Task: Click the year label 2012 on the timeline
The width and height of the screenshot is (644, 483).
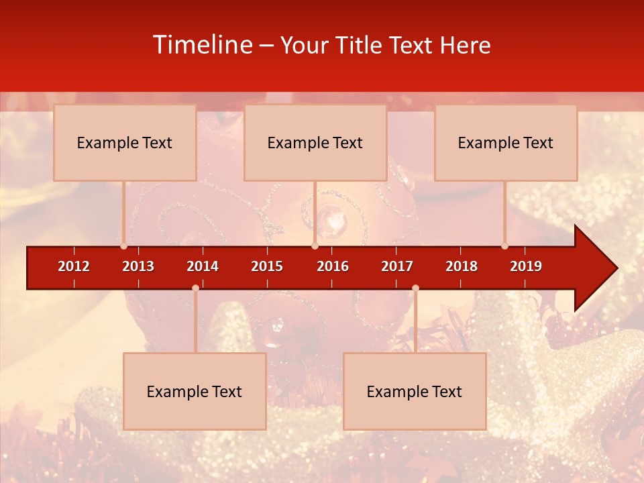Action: pos(74,266)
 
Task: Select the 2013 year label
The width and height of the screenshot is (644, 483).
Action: pos(138,266)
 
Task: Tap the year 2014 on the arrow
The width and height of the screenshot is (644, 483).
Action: pos(203,266)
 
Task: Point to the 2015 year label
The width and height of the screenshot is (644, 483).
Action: pos(267,266)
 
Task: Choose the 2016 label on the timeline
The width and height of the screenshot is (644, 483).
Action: pos(333,266)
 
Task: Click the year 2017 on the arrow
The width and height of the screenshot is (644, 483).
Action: pos(397,266)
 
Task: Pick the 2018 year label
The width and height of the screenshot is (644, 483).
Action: pos(462,266)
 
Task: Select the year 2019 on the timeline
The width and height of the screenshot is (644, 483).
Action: pos(526,266)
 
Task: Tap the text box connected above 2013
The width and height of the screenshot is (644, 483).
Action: pos(125,142)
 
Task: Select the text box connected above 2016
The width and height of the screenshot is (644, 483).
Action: pos(315,142)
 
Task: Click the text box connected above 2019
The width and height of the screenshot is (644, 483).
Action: pos(506,142)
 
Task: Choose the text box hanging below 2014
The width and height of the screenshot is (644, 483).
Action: pos(195,391)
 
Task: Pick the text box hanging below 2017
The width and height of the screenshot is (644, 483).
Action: pos(415,391)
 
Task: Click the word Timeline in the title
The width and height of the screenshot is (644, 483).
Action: pos(202,45)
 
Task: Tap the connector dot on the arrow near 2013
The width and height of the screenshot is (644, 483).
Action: pos(123,246)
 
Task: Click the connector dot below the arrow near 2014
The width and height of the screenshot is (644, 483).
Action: pos(195,288)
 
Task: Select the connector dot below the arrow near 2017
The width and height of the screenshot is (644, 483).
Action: pos(415,288)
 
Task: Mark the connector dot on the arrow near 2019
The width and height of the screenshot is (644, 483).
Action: pos(504,246)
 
